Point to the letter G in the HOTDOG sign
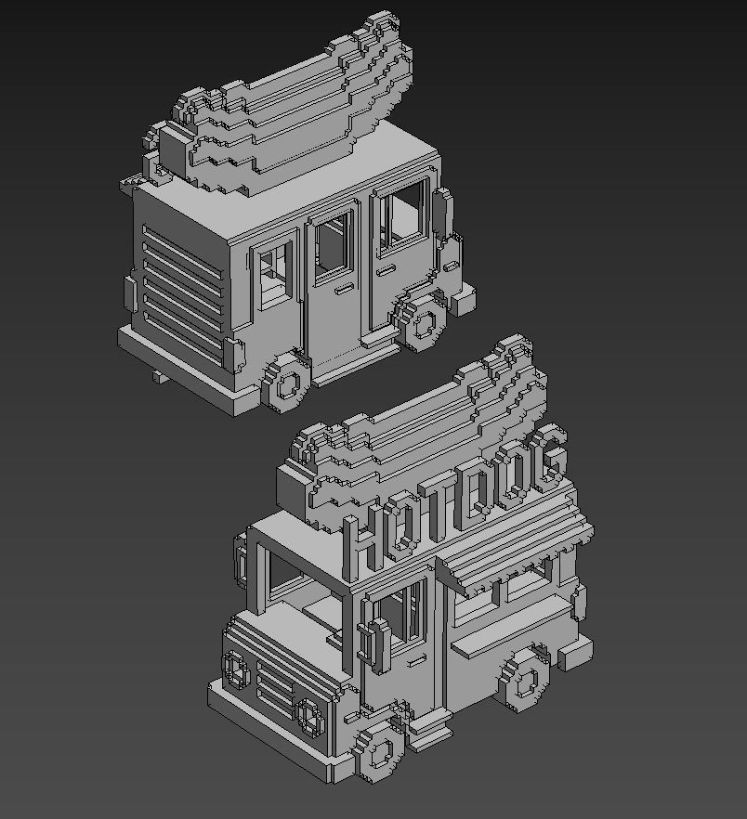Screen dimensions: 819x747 [551, 454]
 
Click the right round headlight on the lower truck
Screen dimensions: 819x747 [308, 714]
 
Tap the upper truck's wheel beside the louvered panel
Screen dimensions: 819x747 [286, 382]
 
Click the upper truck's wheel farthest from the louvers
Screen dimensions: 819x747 [423, 322]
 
